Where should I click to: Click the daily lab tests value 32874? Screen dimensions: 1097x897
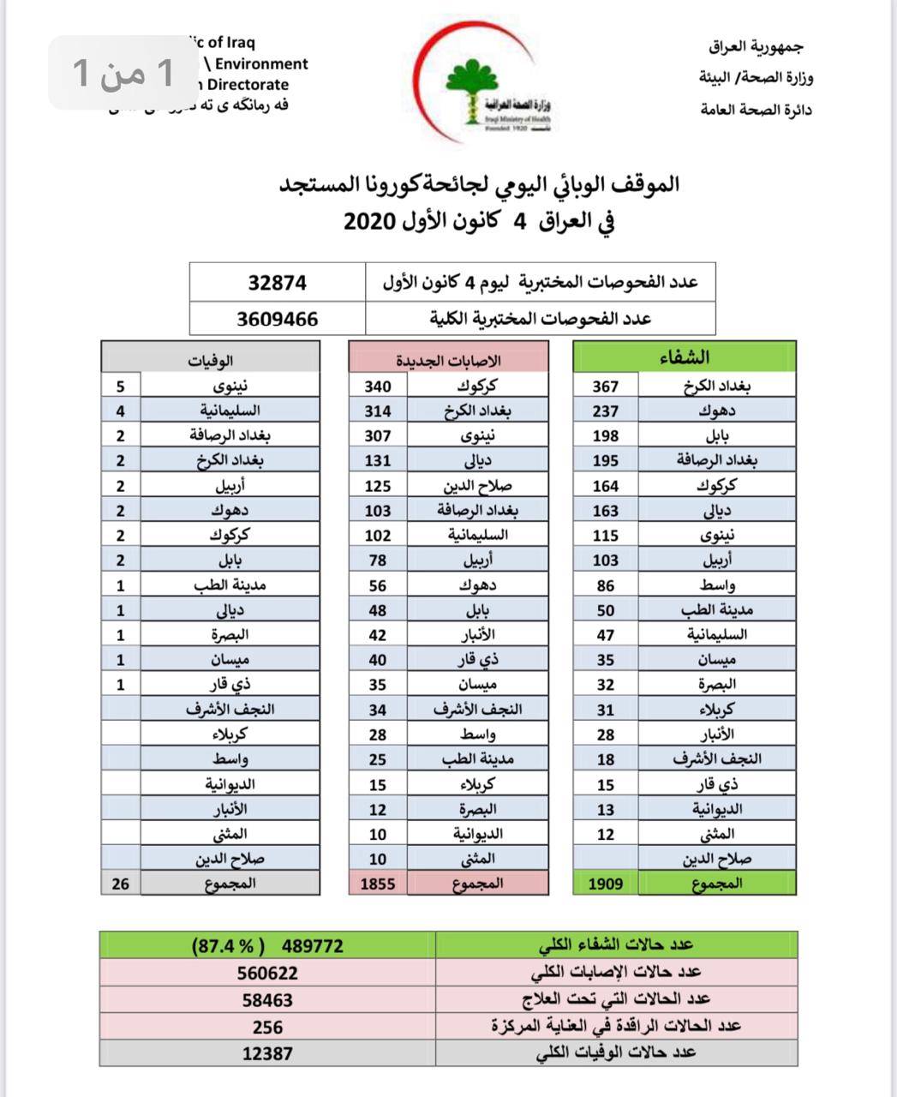pyautogui.click(x=277, y=283)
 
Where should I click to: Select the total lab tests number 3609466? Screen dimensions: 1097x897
pyautogui.click(x=277, y=319)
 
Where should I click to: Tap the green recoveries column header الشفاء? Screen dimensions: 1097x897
pyautogui.click(x=685, y=357)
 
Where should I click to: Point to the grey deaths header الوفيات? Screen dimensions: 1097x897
pyautogui.click(x=211, y=360)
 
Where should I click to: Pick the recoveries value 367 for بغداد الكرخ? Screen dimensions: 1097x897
pyautogui.click(x=606, y=386)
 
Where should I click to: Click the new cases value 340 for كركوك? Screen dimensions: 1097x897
pyautogui.click(x=378, y=386)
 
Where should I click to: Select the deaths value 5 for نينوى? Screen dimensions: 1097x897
pyautogui.click(x=121, y=386)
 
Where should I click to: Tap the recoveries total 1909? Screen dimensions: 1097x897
pyautogui.click(x=606, y=883)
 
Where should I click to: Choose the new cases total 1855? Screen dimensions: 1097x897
pyautogui.click(x=378, y=883)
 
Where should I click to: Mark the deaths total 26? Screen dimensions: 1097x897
pyautogui.click(x=121, y=883)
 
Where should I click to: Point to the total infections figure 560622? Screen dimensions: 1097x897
pyautogui.click(x=268, y=973)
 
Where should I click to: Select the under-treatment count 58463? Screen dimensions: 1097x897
pyautogui.click(x=268, y=999)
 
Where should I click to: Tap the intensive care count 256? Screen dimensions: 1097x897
pyautogui.click(x=268, y=1027)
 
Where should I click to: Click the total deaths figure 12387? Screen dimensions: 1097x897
pyautogui.click(x=268, y=1053)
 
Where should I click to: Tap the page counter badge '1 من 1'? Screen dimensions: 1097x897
pyautogui.click(x=124, y=73)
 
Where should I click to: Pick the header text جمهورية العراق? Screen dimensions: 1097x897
pyautogui.click(x=756, y=47)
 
